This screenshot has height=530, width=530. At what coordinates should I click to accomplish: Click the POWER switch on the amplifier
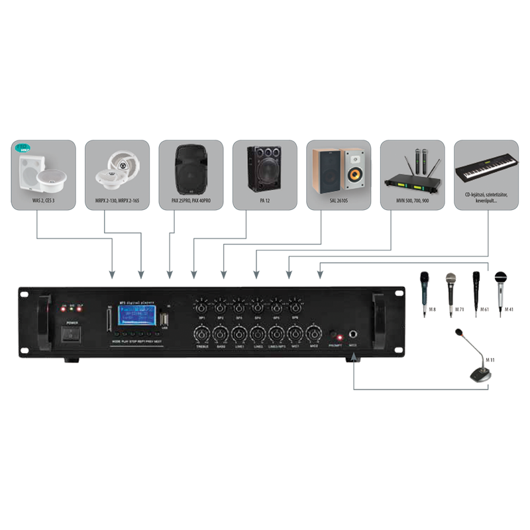point(70,335)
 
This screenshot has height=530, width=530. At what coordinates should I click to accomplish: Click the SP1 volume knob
point(201,307)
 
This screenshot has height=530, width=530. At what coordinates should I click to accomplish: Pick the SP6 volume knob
point(295,307)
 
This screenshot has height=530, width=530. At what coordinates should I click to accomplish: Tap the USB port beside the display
point(164,320)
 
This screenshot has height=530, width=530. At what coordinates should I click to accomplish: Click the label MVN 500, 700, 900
point(411,197)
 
